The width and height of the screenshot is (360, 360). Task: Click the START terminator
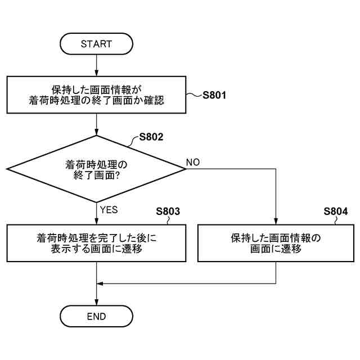pos(96,43)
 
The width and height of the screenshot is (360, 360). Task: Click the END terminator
pos(96,316)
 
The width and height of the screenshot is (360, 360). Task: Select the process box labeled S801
pos(96,95)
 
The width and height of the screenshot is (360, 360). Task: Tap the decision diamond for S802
pos(96,169)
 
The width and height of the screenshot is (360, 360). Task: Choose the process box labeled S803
pos(96,243)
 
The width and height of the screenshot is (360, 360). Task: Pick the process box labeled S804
pos(276,243)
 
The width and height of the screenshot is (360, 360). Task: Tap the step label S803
pos(168,211)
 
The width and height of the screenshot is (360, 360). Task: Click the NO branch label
pos(193,163)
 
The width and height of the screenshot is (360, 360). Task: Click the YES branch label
pos(109,210)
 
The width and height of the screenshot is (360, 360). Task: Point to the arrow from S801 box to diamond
pos(96,124)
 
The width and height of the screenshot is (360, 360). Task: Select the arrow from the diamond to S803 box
pos(96,214)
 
